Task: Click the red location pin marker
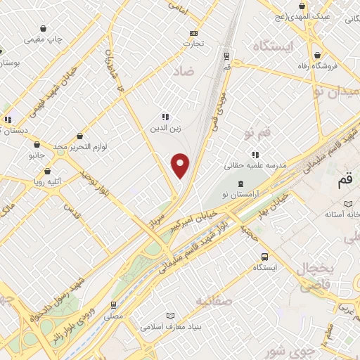pos(181,165)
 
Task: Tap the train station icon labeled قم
pos(226,56)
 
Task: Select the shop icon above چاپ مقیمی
pos(44,30)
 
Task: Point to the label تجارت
pos(194,44)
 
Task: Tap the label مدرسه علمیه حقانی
pos(252,166)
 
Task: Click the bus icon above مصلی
pos(114,304)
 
